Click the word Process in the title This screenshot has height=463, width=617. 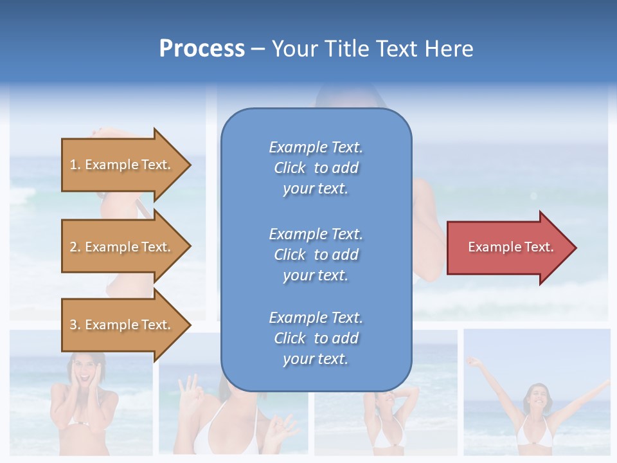202,49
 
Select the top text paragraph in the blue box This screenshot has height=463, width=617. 316,168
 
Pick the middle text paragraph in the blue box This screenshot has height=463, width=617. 316,255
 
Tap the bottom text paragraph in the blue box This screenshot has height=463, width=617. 316,338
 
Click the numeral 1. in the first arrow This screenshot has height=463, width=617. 75,165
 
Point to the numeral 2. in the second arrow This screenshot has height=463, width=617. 75,247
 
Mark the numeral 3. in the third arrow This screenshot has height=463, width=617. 75,325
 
